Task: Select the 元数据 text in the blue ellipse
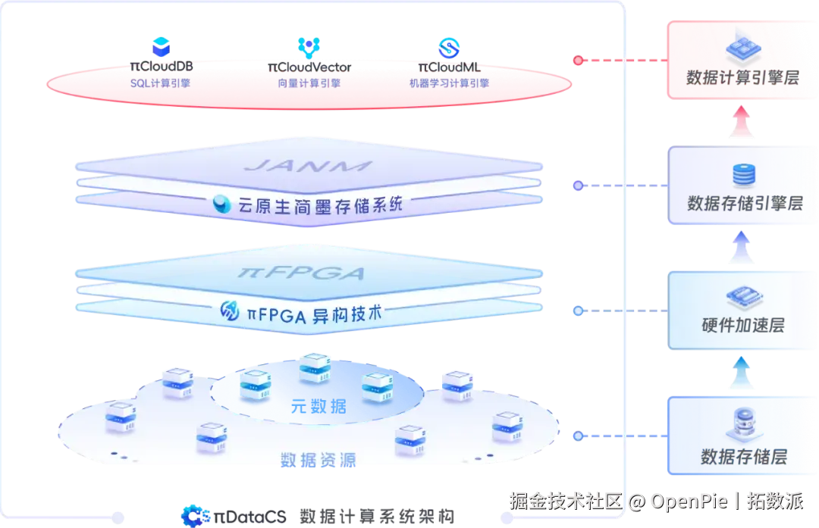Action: [319, 407]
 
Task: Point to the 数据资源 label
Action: [319, 459]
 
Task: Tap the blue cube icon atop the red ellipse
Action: [161, 48]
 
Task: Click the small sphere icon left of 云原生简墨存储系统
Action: [222, 205]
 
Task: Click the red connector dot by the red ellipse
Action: [578, 60]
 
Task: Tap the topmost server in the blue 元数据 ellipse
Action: [315, 367]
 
